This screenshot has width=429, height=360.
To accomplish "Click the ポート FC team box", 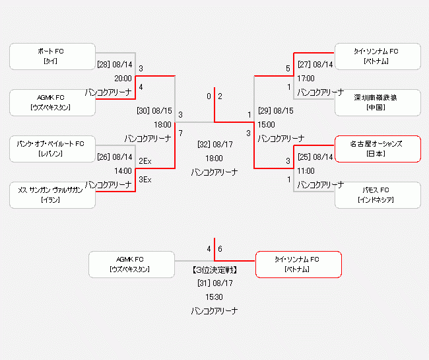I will (x=50, y=56).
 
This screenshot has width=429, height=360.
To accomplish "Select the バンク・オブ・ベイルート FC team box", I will (x=50, y=149).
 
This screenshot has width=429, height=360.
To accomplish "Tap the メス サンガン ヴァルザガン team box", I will (x=50, y=195).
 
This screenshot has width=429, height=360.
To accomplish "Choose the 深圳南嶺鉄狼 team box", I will (x=378, y=102).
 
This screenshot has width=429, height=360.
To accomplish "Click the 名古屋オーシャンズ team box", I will (x=378, y=149).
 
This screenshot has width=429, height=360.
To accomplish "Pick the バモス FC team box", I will (x=378, y=195).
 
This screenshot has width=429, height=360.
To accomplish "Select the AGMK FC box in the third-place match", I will (x=131, y=264).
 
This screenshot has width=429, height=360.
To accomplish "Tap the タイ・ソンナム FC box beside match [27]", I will (x=378, y=56).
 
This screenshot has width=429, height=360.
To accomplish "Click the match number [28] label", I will (x=104, y=65).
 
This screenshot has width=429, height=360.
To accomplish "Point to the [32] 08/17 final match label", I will (x=215, y=143).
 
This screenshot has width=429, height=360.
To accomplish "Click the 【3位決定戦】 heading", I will (x=215, y=270).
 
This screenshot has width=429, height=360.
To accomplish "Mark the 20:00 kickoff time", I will (x=123, y=78).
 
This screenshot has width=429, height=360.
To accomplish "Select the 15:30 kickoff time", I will (x=214, y=297).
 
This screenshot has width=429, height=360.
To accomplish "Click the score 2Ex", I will (x=145, y=161).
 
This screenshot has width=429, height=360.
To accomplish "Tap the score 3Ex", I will (x=145, y=180).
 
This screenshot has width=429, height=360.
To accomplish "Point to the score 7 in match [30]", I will (x=180, y=133).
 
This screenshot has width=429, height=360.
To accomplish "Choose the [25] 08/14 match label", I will (x=315, y=157).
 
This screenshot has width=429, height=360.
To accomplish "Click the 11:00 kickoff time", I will (x=306, y=170).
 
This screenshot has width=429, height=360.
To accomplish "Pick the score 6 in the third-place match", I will (x=220, y=249).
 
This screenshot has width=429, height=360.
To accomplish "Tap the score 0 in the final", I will (x=209, y=96).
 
